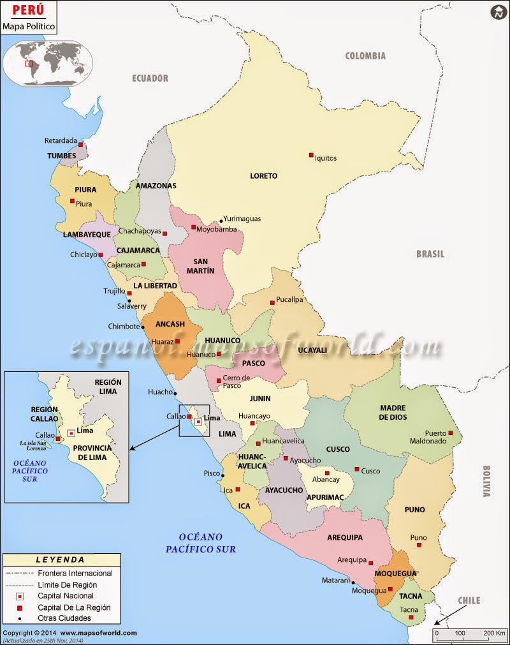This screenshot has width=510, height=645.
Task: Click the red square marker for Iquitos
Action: [x=311, y=155]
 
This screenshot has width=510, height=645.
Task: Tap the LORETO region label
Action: [x=264, y=175]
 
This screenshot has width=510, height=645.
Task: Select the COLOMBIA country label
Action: [x=365, y=56]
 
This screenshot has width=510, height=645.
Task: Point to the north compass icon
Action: [x=497, y=12]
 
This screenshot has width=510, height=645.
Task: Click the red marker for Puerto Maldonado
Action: [x=451, y=433]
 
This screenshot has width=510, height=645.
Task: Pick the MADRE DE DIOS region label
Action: [x=393, y=413]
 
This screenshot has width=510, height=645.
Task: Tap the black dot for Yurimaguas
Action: [x=221, y=219]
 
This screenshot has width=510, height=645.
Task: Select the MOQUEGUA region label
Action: [x=395, y=574]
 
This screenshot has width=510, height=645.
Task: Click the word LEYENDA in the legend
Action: [x=60, y=560]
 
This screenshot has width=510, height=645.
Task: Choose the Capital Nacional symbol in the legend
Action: [x=20, y=596]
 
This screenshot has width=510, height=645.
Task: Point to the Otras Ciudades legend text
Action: [x=64, y=618]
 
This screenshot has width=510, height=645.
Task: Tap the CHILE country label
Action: [x=469, y=601]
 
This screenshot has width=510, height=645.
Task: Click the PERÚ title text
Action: [x=28, y=11]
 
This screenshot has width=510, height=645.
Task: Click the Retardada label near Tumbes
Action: [x=61, y=141]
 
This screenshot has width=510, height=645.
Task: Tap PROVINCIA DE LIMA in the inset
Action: [x=92, y=452]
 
